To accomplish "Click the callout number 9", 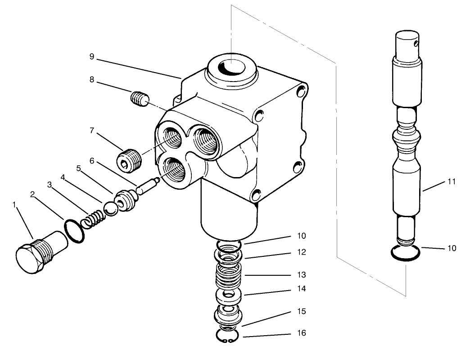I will [91, 56].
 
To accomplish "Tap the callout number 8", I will [91, 80].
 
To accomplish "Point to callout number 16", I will [301, 333].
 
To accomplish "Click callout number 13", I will [301, 274].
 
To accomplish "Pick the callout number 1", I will [14, 205].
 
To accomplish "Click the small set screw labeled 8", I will [139, 98].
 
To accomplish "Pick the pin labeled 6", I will [148, 185].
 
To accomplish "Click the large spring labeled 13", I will [230, 274].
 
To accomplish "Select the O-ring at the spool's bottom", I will [406, 254].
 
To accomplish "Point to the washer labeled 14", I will [230, 297].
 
